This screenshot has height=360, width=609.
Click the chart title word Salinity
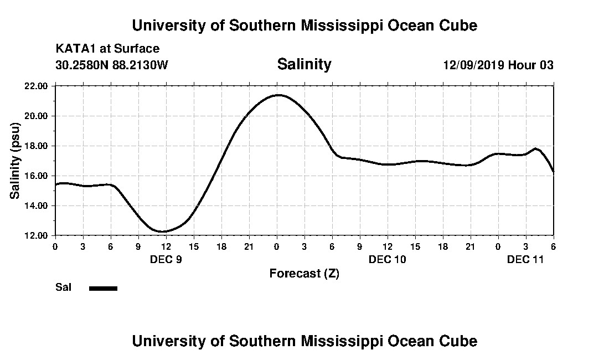click(x=304, y=64)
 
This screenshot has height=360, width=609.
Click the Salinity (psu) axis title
click(x=15, y=161)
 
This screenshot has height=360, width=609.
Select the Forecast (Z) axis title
click(x=304, y=273)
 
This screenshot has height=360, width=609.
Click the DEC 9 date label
click(x=166, y=259)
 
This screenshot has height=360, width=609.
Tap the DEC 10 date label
click(x=388, y=259)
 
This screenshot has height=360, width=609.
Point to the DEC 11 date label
click(x=526, y=259)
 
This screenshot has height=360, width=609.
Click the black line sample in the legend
click(x=103, y=288)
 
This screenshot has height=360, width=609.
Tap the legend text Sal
click(x=63, y=287)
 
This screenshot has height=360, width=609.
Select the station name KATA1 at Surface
click(x=107, y=49)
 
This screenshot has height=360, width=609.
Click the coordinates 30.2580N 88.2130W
click(x=111, y=65)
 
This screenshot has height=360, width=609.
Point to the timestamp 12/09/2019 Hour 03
click(x=498, y=65)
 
